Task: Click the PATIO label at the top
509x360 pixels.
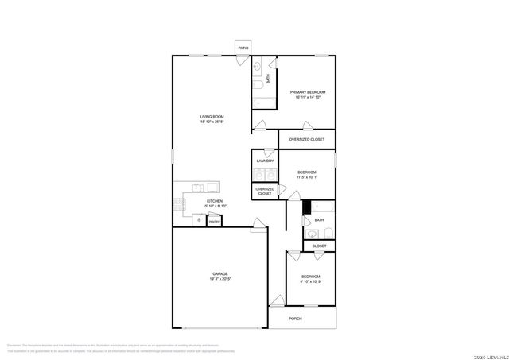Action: (x=243, y=49)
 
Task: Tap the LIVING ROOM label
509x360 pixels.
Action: (x=212, y=117)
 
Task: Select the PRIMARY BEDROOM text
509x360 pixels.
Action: (x=307, y=92)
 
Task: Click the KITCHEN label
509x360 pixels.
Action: (x=215, y=201)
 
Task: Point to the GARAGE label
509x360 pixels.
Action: (x=220, y=273)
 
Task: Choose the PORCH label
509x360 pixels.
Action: (x=295, y=318)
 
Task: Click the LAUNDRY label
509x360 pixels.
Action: (x=265, y=161)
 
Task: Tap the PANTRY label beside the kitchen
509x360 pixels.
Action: (x=214, y=221)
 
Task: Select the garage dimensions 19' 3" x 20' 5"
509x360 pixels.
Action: (x=220, y=279)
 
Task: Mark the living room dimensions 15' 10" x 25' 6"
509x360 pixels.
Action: (x=212, y=122)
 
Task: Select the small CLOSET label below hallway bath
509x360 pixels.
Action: (x=319, y=246)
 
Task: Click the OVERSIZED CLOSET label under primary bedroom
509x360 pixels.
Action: (x=306, y=139)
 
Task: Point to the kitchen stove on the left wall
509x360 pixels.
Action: (x=180, y=204)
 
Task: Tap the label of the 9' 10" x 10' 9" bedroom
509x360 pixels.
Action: (x=311, y=277)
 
